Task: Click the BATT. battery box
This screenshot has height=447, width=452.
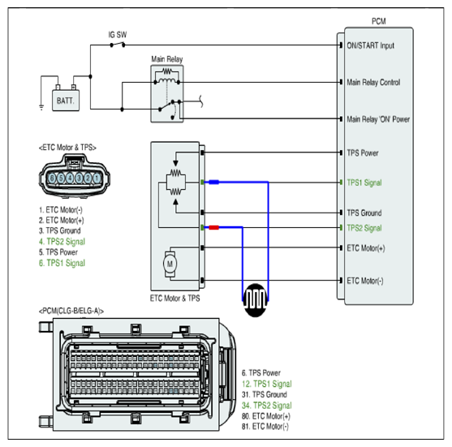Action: [66, 101]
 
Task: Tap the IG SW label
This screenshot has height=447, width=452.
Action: [118, 35]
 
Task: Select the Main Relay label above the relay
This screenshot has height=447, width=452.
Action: [167, 59]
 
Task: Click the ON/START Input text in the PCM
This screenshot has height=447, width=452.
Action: [370, 45]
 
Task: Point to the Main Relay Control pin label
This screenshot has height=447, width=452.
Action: [373, 83]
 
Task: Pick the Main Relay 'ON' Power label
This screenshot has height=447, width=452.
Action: [378, 119]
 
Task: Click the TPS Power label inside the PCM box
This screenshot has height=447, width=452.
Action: [363, 153]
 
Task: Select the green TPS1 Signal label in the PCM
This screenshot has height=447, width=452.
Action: [364, 183]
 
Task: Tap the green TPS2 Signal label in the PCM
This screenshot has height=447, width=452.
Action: [364, 228]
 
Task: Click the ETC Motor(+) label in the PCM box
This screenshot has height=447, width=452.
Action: [366, 248]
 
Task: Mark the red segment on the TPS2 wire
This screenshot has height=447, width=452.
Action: [214, 227]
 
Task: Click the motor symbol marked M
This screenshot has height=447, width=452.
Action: [170, 264]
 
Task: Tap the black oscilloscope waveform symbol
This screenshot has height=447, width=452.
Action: [255, 300]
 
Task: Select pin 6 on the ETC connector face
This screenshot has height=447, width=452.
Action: [52, 178]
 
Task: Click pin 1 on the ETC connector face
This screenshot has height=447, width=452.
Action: [97, 178]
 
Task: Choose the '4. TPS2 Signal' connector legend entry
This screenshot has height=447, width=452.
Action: [62, 242]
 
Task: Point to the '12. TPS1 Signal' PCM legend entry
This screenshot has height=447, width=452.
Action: [267, 384]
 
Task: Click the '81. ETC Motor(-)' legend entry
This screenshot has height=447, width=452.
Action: [265, 426]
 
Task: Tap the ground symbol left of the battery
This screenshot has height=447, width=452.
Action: [41, 108]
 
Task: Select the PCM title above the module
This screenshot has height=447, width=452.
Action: [378, 21]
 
